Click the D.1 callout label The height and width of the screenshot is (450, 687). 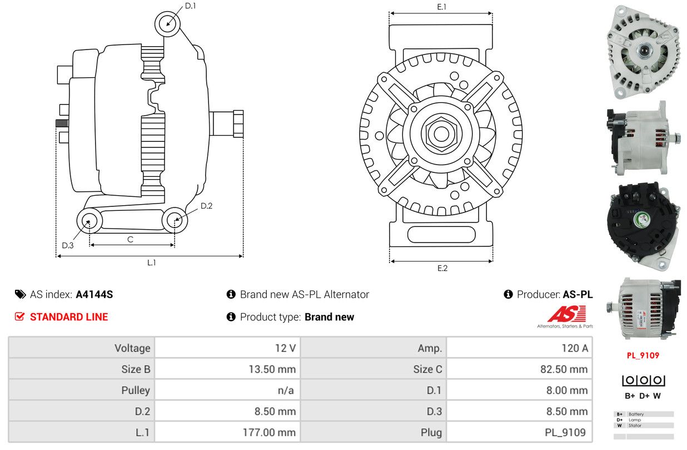tap(191, 6)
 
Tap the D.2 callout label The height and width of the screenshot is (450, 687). tap(206, 206)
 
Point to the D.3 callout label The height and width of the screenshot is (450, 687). tap(68, 245)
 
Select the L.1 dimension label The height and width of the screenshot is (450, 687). tap(152, 263)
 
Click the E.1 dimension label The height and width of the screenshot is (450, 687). tap(442, 7)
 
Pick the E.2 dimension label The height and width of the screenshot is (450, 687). tap(442, 268)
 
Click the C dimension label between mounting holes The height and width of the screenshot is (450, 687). tap(131, 239)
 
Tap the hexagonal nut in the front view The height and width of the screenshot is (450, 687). tap(441, 134)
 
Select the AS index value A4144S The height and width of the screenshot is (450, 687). tap(94, 294)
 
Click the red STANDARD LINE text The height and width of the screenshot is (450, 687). tap(69, 317)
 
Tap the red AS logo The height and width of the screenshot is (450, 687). tap(566, 313)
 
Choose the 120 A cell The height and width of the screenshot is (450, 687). tap(575, 348)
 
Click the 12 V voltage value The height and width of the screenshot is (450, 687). tap(285, 348)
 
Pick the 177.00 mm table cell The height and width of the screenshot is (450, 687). tap(269, 432)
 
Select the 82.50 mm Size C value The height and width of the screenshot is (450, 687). tap(564, 369)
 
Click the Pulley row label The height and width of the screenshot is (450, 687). tap(136, 390)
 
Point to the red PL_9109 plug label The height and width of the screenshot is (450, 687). tap(643, 355)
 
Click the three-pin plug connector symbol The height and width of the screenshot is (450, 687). tap(644, 380)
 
